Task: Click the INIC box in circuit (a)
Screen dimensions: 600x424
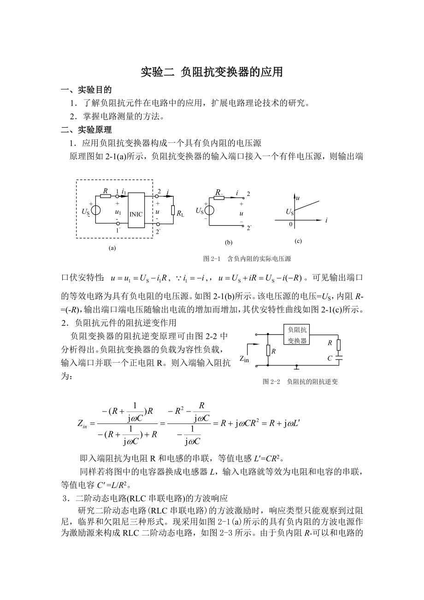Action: [x=136, y=210]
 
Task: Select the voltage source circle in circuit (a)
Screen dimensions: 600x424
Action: [x=96, y=211]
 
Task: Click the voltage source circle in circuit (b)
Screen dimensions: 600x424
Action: [x=209, y=210]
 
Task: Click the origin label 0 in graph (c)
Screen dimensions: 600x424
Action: [x=291, y=224]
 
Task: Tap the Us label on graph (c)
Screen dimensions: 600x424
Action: [x=289, y=212]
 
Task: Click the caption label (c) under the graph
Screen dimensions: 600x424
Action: [x=298, y=241]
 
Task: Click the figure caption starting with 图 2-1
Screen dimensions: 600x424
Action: [x=247, y=259]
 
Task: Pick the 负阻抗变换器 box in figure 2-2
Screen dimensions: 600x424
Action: [x=297, y=335]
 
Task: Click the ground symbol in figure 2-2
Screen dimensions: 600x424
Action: [x=297, y=368]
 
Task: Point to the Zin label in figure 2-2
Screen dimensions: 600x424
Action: [x=244, y=359]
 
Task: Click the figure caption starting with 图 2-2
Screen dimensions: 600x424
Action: [x=300, y=382]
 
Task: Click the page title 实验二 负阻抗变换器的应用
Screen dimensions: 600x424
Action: [x=212, y=72]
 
